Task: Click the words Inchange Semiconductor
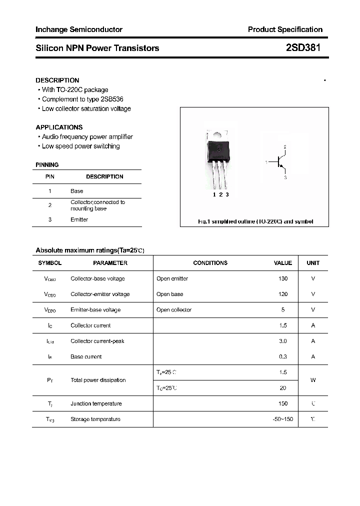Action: tap(78, 29)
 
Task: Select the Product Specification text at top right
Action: tap(285, 29)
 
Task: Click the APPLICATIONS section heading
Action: tap(59, 127)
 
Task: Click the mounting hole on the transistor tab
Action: tap(218, 134)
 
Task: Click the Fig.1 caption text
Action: tap(255, 221)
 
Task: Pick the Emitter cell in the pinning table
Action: tap(79, 219)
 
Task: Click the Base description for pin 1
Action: tap(77, 191)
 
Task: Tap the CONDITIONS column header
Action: tap(210, 262)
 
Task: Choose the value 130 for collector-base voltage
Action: tap(283, 278)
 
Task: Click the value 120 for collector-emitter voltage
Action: tap(283, 294)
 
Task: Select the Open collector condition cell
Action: tap(174, 309)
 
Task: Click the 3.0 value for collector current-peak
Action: tap(283, 341)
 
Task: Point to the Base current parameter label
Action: tap(86, 356)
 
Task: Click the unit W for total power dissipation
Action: tap(313, 380)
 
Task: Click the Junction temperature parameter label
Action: tap(96, 403)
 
